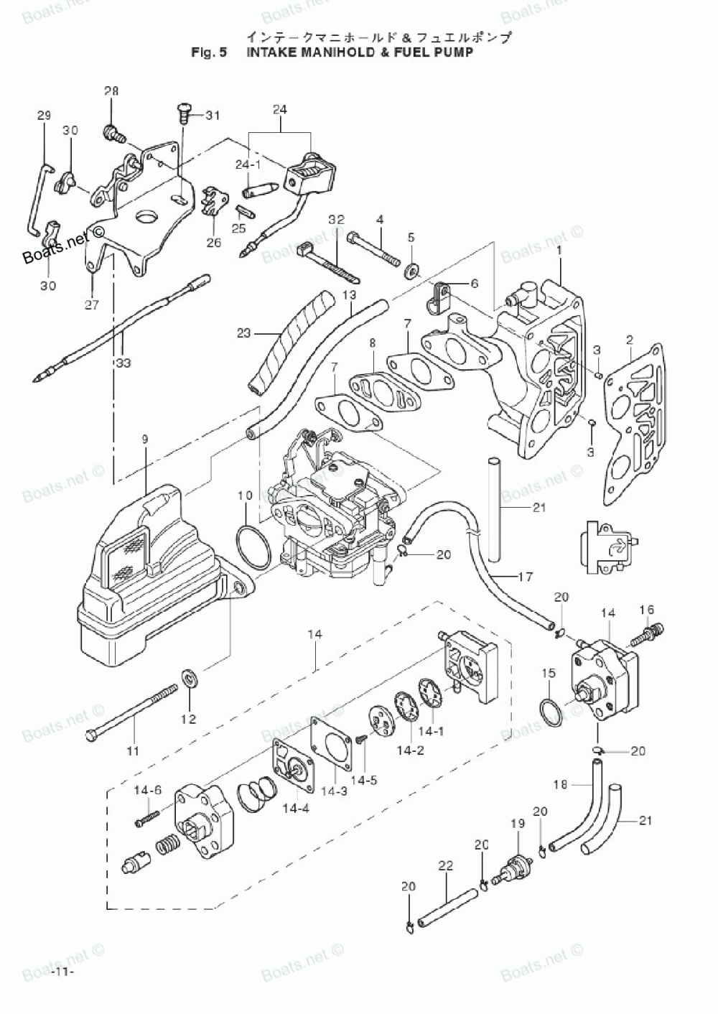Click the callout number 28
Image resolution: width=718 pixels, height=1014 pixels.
111,91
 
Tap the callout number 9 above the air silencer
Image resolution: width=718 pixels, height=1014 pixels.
145,439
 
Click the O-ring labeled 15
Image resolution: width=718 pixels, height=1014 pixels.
549,708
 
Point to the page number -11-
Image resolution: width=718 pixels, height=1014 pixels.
63,972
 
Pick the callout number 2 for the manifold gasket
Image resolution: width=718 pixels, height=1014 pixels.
629,339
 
